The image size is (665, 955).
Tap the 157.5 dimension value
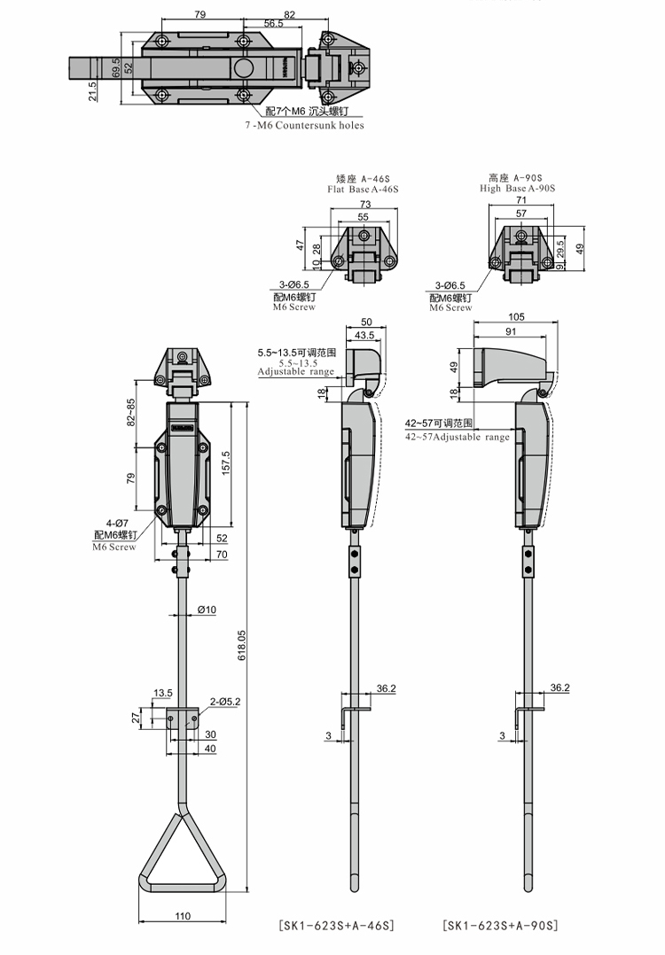[227, 462]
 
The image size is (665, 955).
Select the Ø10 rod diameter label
[207, 609]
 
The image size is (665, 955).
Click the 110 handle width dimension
[183, 915]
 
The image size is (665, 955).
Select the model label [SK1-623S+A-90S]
[501, 926]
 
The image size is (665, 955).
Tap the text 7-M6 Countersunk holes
[304, 126]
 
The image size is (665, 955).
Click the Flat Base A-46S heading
[364, 189]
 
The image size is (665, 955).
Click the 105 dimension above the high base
[518, 316]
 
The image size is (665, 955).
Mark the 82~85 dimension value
[131, 412]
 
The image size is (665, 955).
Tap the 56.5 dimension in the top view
[273, 24]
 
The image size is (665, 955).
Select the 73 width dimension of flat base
[364, 204]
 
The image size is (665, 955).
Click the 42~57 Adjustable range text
[458, 437]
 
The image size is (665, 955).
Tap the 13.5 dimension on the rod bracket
[162, 692]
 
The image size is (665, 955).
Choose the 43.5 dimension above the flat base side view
[364, 335]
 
